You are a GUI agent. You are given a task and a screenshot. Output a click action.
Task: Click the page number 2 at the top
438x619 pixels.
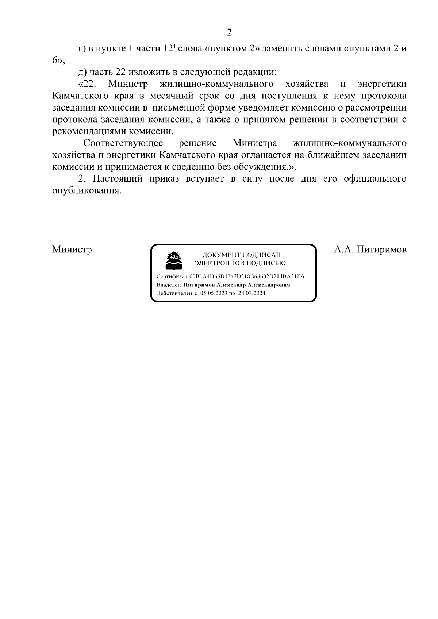pyautogui.click(x=229, y=33)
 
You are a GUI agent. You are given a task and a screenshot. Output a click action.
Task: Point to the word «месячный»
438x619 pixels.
pyautogui.click(x=172, y=96)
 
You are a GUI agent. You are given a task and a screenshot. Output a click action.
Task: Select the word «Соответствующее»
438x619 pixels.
pyautogui.click(x=123, y=143)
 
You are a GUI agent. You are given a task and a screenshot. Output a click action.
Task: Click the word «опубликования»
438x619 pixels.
pyautogui.click(x=86, y=191)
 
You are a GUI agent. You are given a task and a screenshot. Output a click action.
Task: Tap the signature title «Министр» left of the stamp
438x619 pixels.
pyautogui.click(x=72, y=249)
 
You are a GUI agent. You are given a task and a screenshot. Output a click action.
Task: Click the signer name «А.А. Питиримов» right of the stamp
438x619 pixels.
pyautogui.click(x=370, y=249)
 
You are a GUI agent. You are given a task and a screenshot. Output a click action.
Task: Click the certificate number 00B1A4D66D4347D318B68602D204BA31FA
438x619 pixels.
pyautogui.click(x=247, y=276)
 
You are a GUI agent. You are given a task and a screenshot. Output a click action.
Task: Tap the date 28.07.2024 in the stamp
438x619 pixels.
pyautogui.click(x=252, y=293)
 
